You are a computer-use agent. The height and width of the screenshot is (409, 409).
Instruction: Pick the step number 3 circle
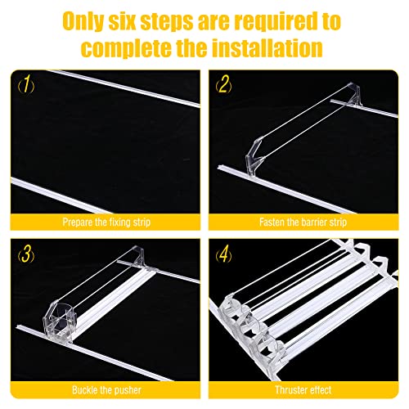tap(28, 253)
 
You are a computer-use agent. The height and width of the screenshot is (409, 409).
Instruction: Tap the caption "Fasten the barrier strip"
tap(303, 222)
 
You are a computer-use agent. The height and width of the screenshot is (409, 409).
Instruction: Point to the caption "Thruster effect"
tap(303, 391)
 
